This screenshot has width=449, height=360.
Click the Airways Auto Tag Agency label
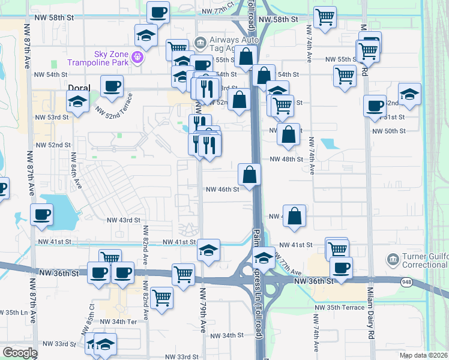(233, 46)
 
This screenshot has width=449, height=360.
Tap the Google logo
(20, 353)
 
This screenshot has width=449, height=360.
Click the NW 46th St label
(223, 189)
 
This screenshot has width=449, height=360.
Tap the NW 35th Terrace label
(340, 307)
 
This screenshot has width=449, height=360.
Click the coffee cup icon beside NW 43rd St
(41, 215)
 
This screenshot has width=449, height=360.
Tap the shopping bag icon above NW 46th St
(249, 175)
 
